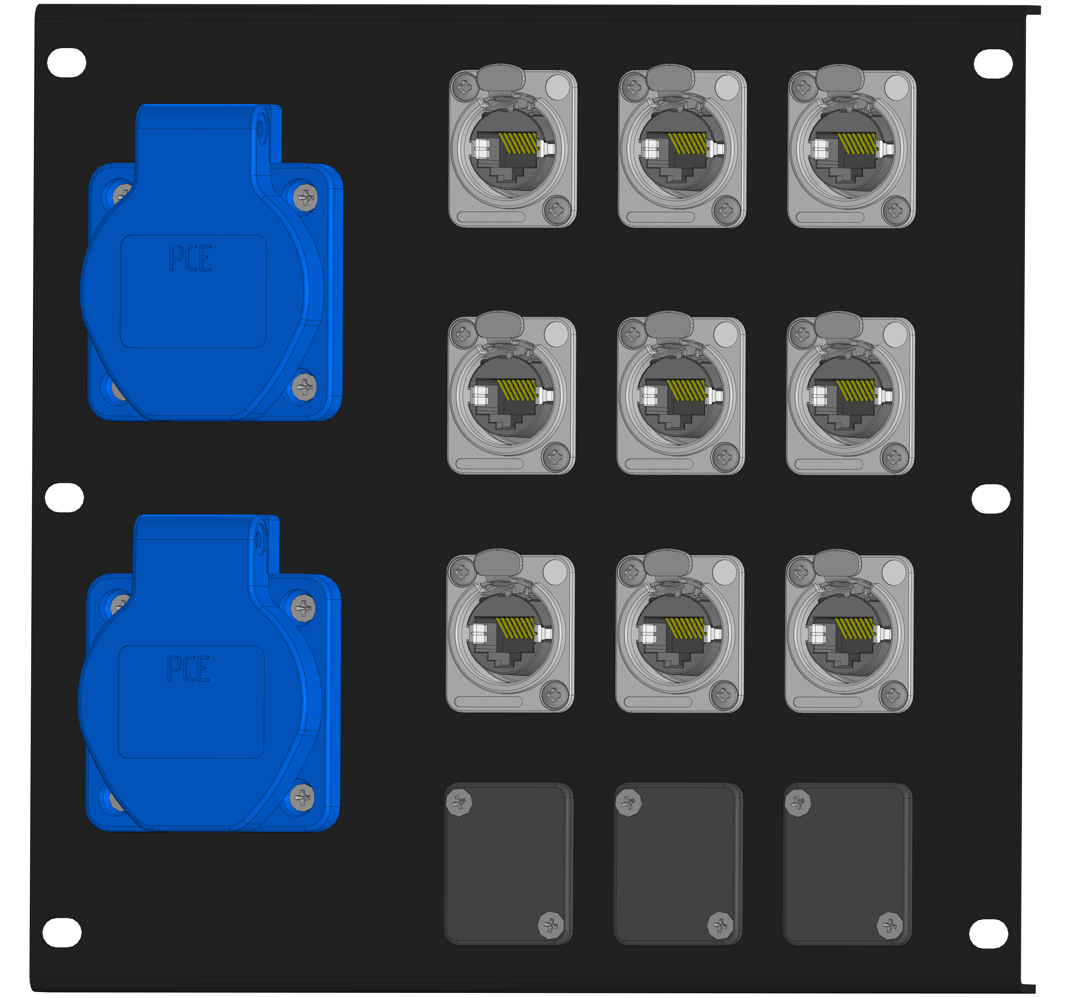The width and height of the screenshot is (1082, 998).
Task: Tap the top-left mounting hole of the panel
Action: pyautogui.click(x=67, y=63)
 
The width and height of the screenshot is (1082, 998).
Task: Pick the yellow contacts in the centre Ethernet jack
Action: pyautogui.click(x=687, y=390)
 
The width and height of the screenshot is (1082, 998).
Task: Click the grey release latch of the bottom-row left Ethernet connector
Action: pyautogui.click(x=497, y=563)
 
